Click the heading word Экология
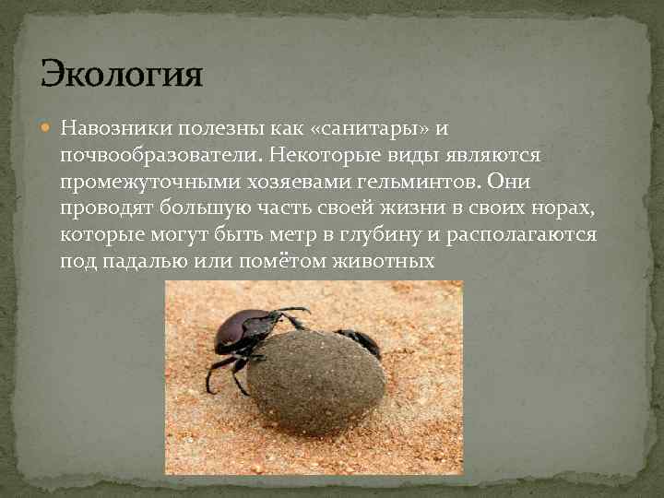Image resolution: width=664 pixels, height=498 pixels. point(121,72)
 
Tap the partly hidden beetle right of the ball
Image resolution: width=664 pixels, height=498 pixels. point(362,340)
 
